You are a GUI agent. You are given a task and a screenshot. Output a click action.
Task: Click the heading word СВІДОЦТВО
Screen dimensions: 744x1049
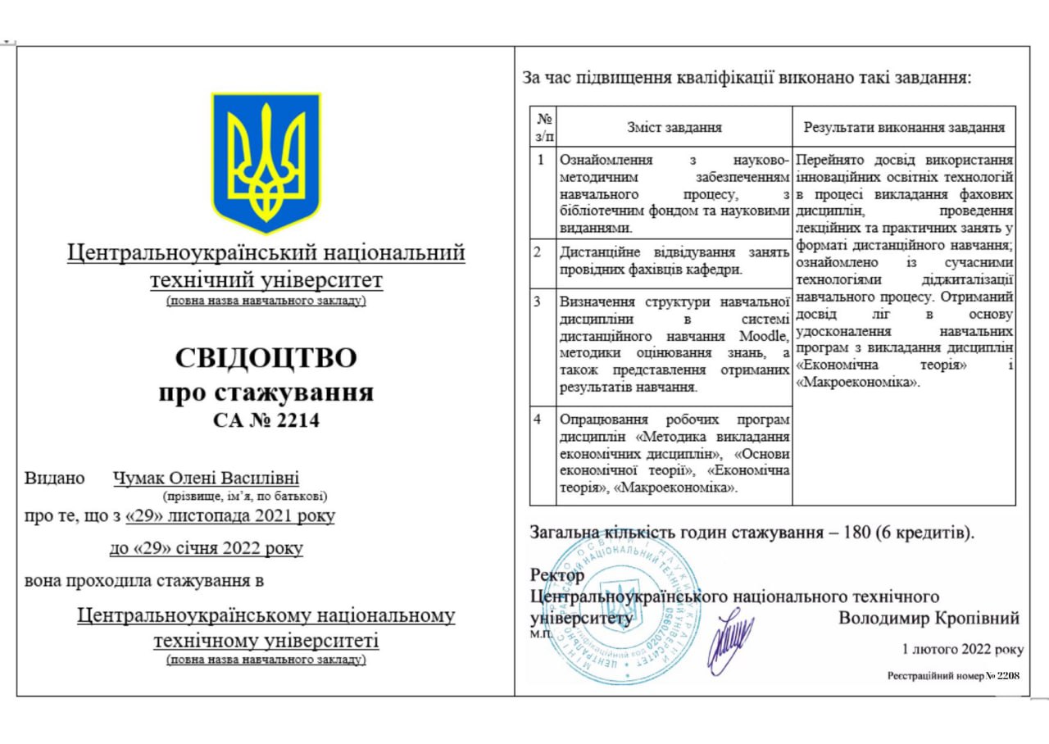(266, 359)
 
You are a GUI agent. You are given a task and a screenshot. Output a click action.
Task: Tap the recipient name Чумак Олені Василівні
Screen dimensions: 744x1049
(206, 478)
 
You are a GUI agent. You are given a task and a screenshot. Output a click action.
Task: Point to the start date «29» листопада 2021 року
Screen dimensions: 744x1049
(231, 516)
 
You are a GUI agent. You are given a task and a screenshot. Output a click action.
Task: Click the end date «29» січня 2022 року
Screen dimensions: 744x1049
(206, 548)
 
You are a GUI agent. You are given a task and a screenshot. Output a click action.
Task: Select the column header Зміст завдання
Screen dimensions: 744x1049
(674, 127)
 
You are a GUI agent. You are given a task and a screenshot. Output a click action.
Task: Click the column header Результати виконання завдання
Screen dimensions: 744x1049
(904, 127)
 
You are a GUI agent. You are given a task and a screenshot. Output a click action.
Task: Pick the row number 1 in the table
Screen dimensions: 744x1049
(540, 159)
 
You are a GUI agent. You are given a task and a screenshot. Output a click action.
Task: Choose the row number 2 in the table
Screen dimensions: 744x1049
(538, 252)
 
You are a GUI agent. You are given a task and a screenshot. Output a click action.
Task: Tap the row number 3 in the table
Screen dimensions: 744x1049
(538, 301)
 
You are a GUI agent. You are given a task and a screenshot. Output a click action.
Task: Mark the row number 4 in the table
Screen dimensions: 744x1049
(538, 420)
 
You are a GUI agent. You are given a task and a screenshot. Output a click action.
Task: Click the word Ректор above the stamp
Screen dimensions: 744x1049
(558, 575)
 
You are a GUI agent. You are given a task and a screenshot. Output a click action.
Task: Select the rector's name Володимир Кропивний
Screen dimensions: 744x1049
(929, 618)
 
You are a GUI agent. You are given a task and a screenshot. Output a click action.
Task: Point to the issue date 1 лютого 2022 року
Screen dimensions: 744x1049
(962, 649)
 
